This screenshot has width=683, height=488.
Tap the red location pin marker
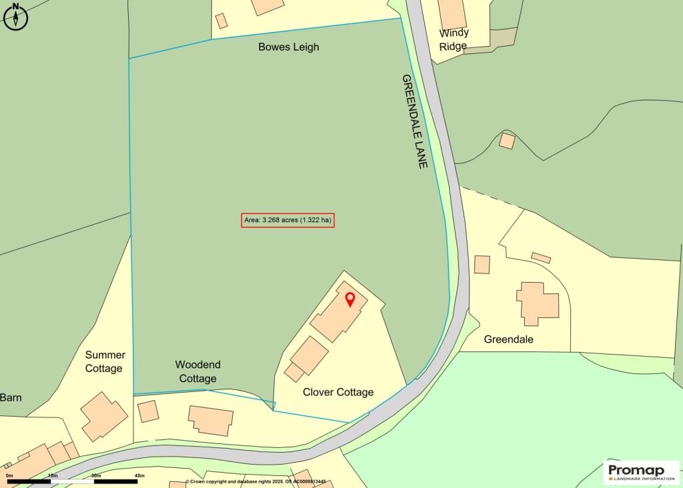click(350, 299)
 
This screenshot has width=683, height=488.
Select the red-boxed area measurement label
click(287, 220)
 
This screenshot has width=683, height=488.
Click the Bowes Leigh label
click(289, 47)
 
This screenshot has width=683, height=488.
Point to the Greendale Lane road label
click(414, 121)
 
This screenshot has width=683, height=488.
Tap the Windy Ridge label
click(454, 39)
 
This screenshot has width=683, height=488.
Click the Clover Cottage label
click(338, 392)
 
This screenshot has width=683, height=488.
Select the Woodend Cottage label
click(197, 371)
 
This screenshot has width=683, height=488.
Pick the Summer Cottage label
click(105, 361)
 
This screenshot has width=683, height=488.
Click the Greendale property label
click(509, 339)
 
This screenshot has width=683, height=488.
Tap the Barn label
click(11, 397)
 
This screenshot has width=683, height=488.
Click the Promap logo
click(641, 472)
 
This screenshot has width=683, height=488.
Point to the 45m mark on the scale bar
click(140, 475)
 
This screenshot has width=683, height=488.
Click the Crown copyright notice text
click(260, 481)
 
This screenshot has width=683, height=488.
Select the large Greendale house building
click(538, 303)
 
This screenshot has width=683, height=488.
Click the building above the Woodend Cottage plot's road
click(211, 420)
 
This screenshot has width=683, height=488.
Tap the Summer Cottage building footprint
click(104, 416)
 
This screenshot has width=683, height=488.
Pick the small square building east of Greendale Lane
click(507, 141)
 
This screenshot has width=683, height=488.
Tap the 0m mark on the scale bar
click(9, 475)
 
